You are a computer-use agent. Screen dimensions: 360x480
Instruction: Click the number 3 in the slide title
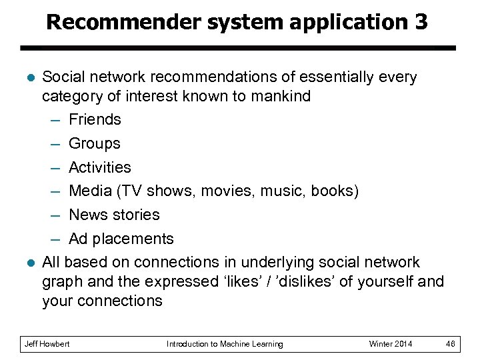(419, 22)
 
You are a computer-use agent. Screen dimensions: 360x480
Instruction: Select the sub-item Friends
(95, 119)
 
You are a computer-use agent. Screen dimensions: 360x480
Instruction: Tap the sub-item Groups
(95, 143)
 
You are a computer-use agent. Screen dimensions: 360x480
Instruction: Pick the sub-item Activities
(100, 167)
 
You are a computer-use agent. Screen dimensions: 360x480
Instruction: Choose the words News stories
(114, 215)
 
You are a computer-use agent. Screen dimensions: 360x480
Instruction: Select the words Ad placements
(121, 239)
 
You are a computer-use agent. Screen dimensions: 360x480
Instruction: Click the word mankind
(281, 96)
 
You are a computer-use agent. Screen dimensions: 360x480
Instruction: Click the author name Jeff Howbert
(47, 344)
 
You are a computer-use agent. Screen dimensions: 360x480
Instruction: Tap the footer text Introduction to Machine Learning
(225, 344)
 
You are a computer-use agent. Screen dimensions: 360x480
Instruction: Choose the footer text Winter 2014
(391, 344)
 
